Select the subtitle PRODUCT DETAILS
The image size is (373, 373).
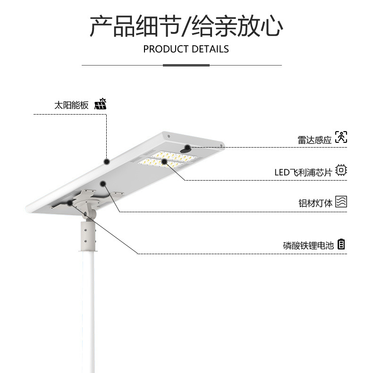point(186,49)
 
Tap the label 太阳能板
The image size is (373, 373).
point(71,105)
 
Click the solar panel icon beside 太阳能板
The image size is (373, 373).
point(100,104)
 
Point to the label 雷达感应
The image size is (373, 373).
point(314,140)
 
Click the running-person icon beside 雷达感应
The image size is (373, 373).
point(341,138)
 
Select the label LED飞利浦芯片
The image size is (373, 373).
point(303,172)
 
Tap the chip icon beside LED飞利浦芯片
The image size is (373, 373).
point(341,171)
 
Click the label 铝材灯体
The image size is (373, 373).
point(315,203)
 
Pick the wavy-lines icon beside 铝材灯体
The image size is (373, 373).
point(341,202)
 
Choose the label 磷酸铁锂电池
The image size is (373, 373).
point(308,246)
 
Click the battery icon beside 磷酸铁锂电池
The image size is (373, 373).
point(341,244)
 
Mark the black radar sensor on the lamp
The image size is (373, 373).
point(187,148)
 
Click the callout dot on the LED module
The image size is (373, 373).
point(164,162)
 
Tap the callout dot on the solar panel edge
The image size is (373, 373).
point(107,161)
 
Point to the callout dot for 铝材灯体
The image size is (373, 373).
point(102,184)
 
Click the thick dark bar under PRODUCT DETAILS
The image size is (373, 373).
point(186,65)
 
